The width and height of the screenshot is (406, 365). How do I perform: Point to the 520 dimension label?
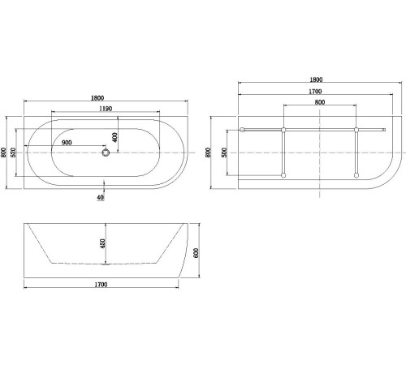(15, 152)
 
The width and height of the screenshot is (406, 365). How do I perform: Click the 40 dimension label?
(100, 197)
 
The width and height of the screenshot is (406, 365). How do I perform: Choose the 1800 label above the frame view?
(316, 79)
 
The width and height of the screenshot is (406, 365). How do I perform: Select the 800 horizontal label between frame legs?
(320, 103)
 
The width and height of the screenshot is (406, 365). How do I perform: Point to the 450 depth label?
(103, 243)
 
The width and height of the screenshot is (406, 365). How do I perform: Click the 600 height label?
(196, 251)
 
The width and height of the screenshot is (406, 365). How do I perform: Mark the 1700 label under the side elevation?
(101, 285)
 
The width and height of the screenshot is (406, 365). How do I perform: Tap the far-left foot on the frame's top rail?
(242, 129)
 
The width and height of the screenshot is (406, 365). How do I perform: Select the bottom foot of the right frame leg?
(356, 178)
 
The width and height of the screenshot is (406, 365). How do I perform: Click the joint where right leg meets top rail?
(356, 129)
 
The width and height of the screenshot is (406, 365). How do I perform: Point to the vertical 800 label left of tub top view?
(5, 152)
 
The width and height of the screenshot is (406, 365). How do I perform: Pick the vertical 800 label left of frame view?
(210, 152)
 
